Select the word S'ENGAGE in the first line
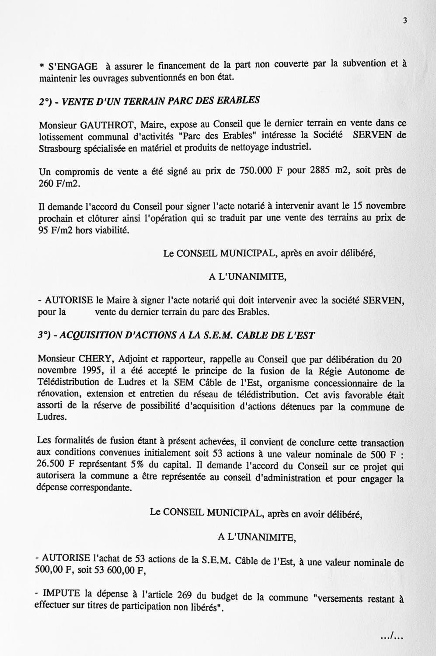click(73, 67)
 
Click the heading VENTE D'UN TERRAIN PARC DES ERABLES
click(161, 101)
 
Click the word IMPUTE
click(61, 593)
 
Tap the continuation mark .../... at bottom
click(391, 636)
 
